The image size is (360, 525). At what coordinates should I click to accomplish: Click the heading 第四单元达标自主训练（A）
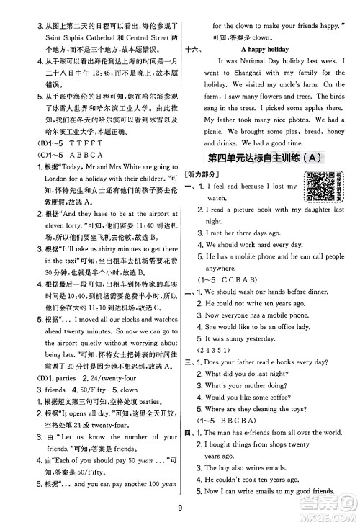pyautogui.click(x=264, y=156)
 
